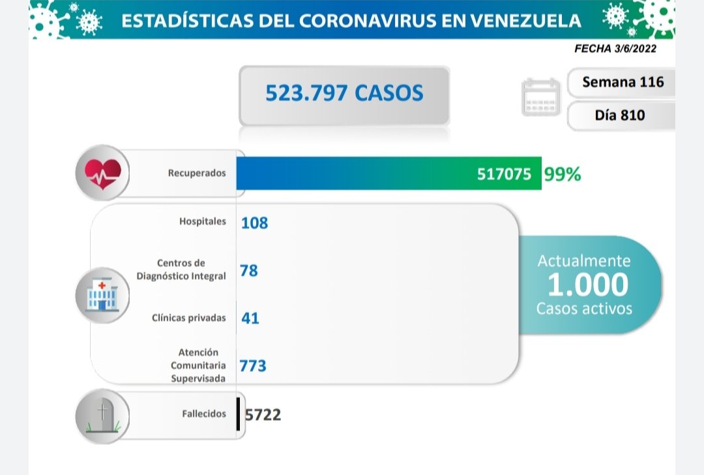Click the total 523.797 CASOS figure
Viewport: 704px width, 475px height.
[x=344, y=93]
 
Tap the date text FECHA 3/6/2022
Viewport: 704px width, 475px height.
[x=616, y=49]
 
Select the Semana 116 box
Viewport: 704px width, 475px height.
[x=623, y=82]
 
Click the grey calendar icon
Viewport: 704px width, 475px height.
[x=541, y=97]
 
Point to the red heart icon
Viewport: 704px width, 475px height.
[x=102, y=173]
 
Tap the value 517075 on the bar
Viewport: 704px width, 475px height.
[x=503, y=175]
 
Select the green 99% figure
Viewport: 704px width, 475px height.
[x=562, y=175]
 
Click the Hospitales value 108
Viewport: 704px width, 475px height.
[x=254, y=222]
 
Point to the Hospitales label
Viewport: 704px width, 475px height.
[x=203, y=221]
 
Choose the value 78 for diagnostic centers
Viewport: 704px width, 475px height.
[x=249, y=270]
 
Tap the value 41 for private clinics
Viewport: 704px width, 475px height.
[x=250, y=318]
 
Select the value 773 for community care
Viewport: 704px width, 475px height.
[x=253, y=366]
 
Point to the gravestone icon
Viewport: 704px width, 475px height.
[x=102, y=416]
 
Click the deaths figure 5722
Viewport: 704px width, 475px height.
[x=263, y=414]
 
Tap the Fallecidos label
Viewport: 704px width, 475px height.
[x=205, y=414]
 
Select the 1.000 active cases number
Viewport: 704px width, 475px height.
[x=588, y=284]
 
